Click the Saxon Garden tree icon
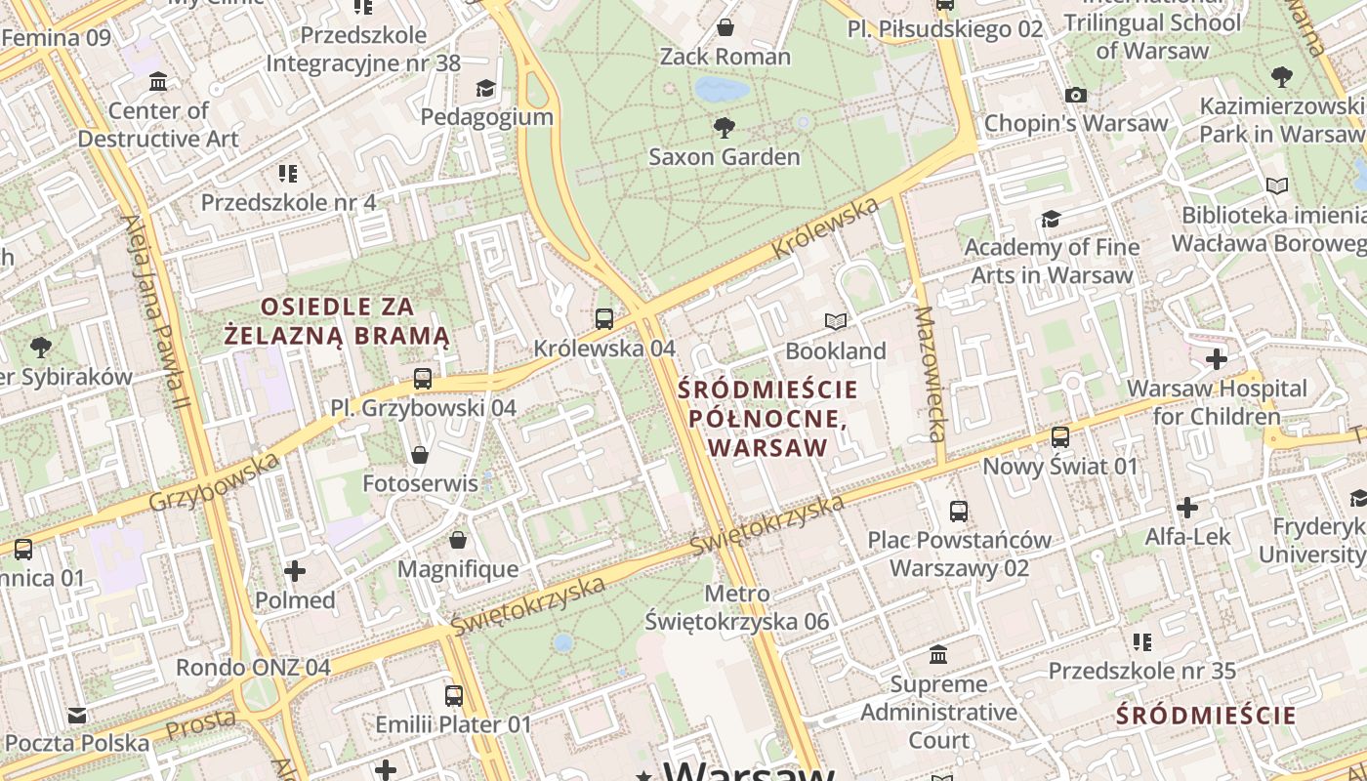[724, 127]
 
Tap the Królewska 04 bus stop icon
[603, 318]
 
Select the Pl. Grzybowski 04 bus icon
[423, 379]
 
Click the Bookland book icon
[836, 321]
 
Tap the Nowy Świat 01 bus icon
[1060, 437]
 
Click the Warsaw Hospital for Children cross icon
[1216, 359]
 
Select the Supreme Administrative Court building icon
[938, 654]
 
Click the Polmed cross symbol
[295, 571]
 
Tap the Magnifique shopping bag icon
[458, 540]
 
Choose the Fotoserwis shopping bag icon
[420, 455]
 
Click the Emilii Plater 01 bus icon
[454, 696]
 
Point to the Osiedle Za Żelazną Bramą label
[337, 321]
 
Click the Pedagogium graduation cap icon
[485, 89]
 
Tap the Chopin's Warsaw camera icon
[1076, 95]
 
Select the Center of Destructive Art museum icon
[158, 81]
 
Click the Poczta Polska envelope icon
[77, 716]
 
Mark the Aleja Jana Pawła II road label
[156, 312]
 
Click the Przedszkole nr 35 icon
[1141, 642]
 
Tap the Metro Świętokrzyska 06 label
[737, 607]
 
